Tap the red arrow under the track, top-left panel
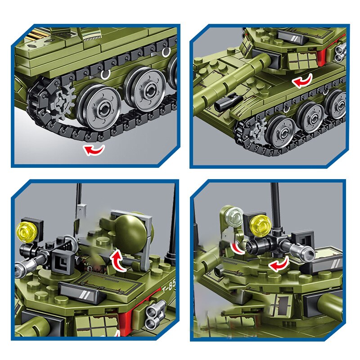tap(94, 149)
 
